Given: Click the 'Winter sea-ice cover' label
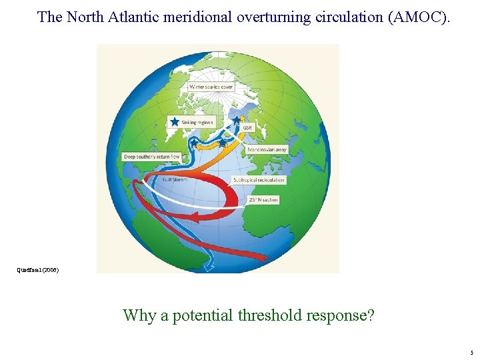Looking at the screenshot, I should pyautogui.click(x=211, y=87).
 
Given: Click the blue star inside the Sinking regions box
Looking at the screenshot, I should pyautogui.click(x=174, y=122).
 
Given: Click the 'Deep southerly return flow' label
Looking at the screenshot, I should pyautogui.click(x=151, y=157).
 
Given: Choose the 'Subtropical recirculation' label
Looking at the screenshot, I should pyautogui.click(x=259, y=180).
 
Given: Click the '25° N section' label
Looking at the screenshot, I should pyautogui.click(x=263, y=199).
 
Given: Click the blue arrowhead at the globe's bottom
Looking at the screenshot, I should pyautogui.click(x=211, y=267).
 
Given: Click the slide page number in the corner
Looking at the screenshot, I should pyautogui.click(x=471, y=353).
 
